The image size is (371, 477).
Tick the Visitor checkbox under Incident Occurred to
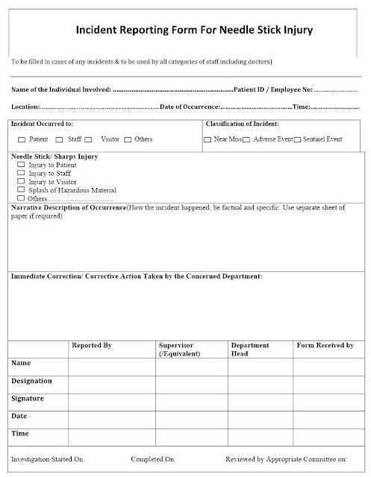click(88, 139)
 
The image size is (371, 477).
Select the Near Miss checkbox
click(208, 139)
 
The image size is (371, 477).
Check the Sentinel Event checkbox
click(297, 139)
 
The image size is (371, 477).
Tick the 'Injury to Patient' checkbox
click(21, 165)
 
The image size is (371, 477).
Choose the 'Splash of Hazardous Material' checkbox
click(21, 190)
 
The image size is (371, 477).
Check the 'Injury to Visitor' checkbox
click(21, 181)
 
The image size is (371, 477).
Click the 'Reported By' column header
click(91, 346)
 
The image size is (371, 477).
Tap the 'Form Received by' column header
click(325, 346)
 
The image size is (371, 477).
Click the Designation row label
click(32, 381)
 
